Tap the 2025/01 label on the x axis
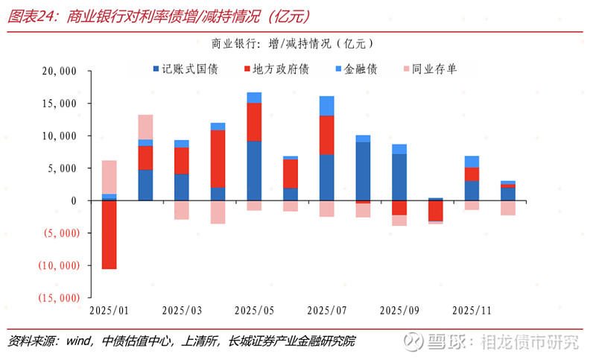point(109,309)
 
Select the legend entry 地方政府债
point(275,69)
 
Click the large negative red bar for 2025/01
point(109,234)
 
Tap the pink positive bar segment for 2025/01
point(109,177)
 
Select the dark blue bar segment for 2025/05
point(255,170)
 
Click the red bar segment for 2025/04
point(218,159)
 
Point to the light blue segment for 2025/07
point(327,106)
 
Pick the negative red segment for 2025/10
point(436,210)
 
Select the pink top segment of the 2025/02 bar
point(145,127)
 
